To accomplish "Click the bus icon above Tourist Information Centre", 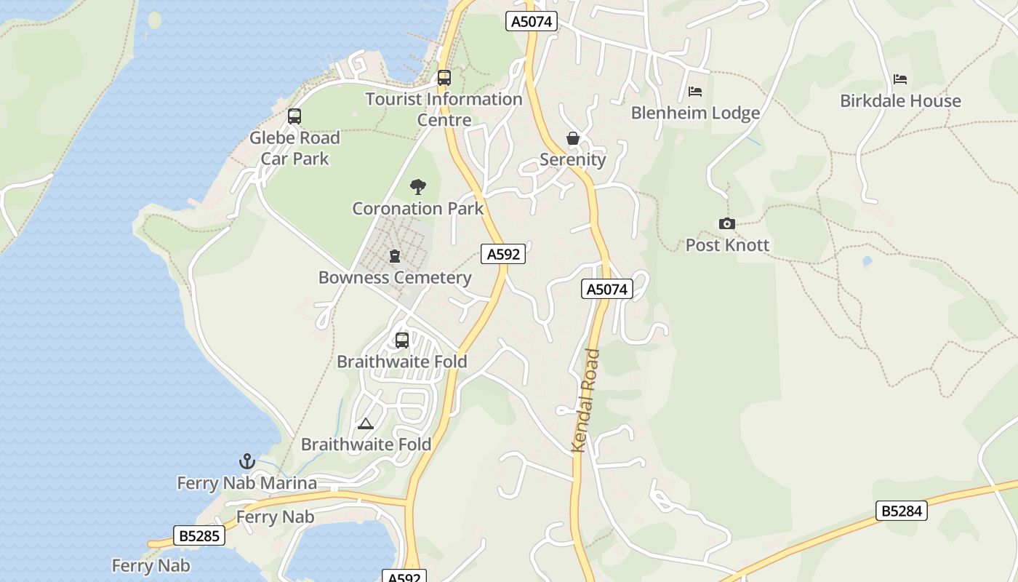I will click(444, 77).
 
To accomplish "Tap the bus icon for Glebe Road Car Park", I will click(294, 116).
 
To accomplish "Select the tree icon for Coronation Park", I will click(417, 187).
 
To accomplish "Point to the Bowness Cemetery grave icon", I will click(395, 256).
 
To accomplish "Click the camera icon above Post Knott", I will click(726, 223).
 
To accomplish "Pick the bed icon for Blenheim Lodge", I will click(695, 92).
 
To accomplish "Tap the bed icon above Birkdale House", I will click(900, 79).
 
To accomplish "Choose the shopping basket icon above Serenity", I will click(573, 138).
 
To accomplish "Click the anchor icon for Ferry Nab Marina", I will click(247, 461).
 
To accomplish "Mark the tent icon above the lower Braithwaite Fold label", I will click(366, 423).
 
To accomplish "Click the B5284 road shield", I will click(902, 511).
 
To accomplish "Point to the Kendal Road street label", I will click(586, 401).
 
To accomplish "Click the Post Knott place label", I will click(727, 245).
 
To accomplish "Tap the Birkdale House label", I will click(900, 101).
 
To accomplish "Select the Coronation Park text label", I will click(417, 209).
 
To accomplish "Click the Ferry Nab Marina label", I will click(247, 483).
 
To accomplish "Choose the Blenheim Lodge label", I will click(695, 113).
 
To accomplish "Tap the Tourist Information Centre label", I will click(444, 109).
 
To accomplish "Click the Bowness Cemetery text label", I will click(395, 278).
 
